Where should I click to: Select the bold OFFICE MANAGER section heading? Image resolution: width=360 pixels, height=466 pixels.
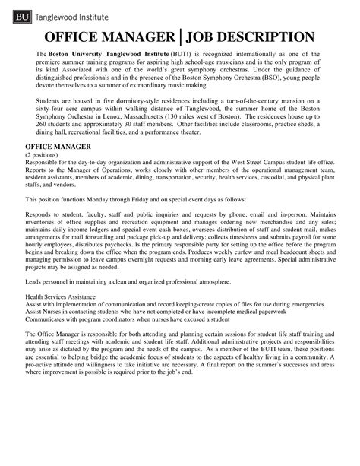pyautogui.click(x=58, y=145)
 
